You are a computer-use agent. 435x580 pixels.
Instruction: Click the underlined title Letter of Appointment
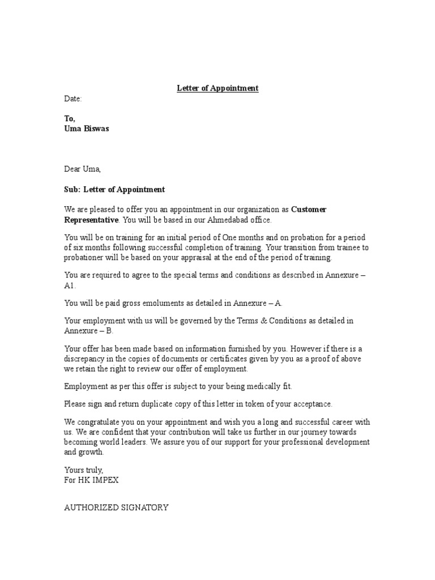pyautogui.click(x=217, y=88)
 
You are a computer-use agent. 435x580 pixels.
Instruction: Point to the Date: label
pyautogui.click(x=73, y=99)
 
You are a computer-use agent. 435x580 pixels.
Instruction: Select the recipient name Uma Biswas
pyautogui.click(x=87, y=129)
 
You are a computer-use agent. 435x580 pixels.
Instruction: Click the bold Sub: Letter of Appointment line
pyautogui.click(x=114, y=189)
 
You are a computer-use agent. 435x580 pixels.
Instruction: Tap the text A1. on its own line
pyautogui.click(x=70, y=286)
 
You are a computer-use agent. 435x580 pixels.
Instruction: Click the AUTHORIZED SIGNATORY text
pyautogui.click(x=116, y=507)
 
